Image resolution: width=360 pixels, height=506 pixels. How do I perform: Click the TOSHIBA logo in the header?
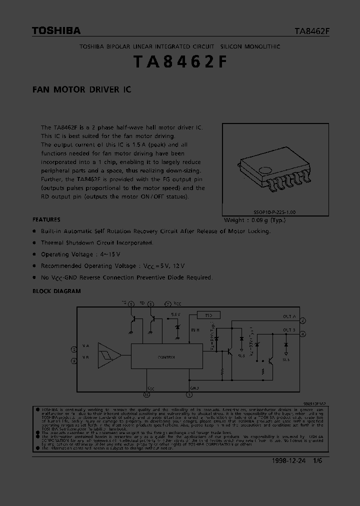tap(56, 31)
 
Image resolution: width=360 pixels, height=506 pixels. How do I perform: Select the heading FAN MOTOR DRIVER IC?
tap(81, 90)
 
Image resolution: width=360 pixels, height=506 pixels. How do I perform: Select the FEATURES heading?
tap(46, 219)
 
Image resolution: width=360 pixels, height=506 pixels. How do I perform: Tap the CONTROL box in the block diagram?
tap(166, 357)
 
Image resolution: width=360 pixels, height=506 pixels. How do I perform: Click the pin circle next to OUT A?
tap(303, 320)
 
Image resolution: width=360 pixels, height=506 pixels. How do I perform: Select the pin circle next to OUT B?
tap(303, 333)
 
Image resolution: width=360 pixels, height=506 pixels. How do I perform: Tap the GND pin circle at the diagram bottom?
tap(189, 394)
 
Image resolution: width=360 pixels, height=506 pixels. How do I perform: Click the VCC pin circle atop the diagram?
tap(168, 303)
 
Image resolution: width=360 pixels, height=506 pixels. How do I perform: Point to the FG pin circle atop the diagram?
tap(131, 303)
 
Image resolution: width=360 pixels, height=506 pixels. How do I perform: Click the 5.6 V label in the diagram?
tap(175, 314)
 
